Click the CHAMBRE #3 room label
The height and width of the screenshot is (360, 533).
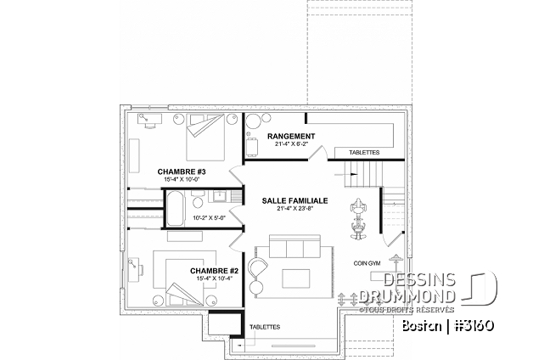click(182, 171)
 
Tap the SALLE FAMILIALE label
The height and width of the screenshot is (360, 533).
click(294, 200)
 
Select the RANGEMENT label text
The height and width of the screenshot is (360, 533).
click(291, 136)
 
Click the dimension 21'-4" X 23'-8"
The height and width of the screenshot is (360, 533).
click(294, 210)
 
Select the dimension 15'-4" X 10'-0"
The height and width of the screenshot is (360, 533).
click(182, 179)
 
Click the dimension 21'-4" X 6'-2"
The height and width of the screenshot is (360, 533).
click(291, 144)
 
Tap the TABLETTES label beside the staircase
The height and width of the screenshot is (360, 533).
click(363, 153)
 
